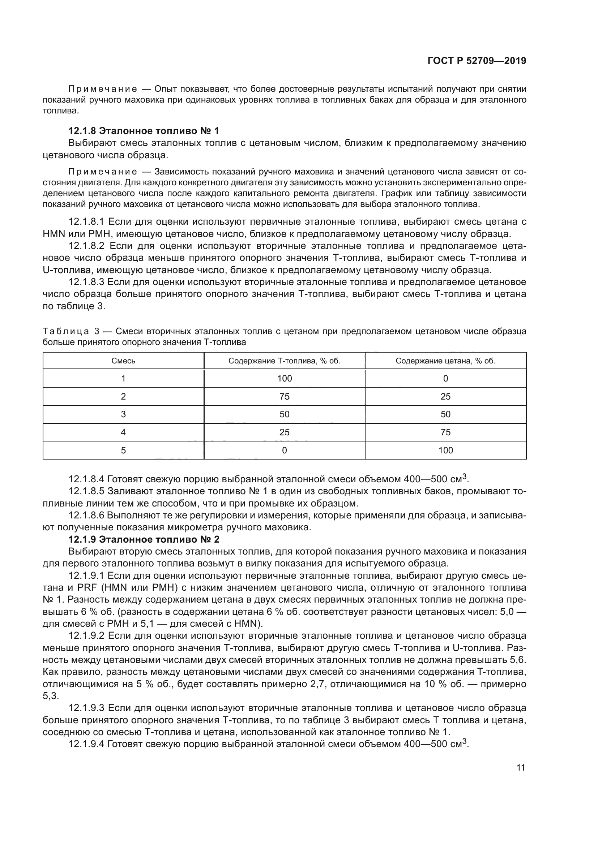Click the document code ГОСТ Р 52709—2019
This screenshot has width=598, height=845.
coord(477,61)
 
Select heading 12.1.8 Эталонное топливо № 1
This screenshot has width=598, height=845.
coord(144,131)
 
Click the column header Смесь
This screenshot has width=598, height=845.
coord(123,361)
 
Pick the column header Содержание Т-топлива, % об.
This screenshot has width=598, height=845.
coord(284,361)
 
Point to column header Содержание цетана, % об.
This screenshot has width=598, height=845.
coord(445,361)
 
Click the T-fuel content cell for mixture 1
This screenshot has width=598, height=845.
coord(284,378)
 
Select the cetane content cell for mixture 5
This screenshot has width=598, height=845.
coord(445,450)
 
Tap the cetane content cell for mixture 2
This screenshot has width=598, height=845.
coord(445,396)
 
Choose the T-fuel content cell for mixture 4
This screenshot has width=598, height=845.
coord(284,432)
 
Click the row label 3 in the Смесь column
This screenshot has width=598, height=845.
coord(123,414)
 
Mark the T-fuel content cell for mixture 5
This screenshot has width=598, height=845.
coord(284,450)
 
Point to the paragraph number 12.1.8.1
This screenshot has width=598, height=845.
coord(87,222)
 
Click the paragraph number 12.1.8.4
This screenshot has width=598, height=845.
coord(87,479)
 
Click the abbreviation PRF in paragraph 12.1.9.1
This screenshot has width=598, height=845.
coord(87,588)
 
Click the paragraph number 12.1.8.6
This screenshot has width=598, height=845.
coord(87,516)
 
